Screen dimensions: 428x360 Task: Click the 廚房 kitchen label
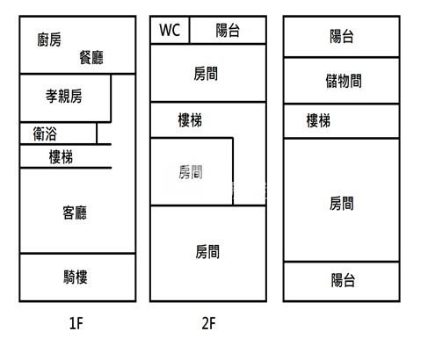(49, 40)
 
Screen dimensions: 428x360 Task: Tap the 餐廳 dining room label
(91, 57)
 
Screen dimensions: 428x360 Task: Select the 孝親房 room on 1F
(65, 98)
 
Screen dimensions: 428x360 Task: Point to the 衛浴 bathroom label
(45, 133)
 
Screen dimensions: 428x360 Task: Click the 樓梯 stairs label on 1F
(61, 156)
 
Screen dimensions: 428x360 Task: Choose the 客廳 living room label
(75, 212)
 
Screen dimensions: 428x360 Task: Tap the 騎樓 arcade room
(77, 277)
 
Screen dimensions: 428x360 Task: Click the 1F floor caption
(76, 323)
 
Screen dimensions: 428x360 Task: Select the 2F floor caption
(209, 323)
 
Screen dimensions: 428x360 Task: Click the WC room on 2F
(170, 30)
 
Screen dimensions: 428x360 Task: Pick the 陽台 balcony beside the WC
(228, 30)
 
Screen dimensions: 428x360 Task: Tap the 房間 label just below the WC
(206, 74)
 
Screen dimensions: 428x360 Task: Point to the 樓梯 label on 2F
(190, 120)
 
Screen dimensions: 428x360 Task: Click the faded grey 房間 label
(191, 172)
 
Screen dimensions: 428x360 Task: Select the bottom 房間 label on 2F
(207, 252)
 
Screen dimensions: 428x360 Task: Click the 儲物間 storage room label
(344, 81)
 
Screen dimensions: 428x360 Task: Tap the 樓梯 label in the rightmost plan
(318, 120)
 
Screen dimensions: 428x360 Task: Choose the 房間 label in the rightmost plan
(341, 204)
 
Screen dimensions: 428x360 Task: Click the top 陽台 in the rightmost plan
(342, 37)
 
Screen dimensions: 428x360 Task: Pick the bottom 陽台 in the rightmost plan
(342, 281)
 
